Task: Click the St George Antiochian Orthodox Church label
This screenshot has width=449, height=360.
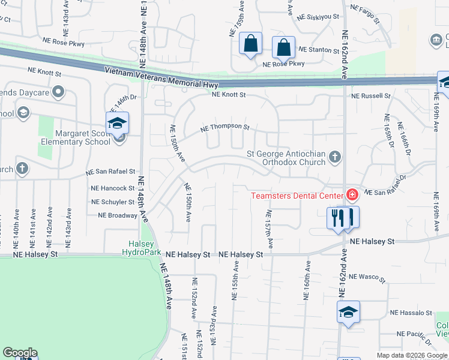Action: pyautogui.click(x=286, y=158)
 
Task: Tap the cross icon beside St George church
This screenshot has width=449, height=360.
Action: pyautogui.click(x=335, y=157)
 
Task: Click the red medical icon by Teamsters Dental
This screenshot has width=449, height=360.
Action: pyautogui.click(x=351, y=194)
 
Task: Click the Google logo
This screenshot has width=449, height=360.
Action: pyautogui.click(x=20, y=353)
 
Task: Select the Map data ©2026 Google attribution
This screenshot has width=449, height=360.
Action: pyautogui.click(x=411, y=355)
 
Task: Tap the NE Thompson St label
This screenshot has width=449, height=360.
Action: pyautogui.click(x=224, y=127)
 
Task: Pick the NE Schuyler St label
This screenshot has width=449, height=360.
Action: pyautogui.click(x=113, y=202)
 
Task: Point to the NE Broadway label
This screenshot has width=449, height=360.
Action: pyautogui.click(x=118, y=215)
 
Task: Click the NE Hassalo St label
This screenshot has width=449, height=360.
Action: pyautogui.click(x=411, y=313)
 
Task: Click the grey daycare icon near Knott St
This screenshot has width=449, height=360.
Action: pyautogui.click(x=58, y=92)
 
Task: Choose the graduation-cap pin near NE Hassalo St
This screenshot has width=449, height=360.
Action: pyautogui.click(x=348, y=313)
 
